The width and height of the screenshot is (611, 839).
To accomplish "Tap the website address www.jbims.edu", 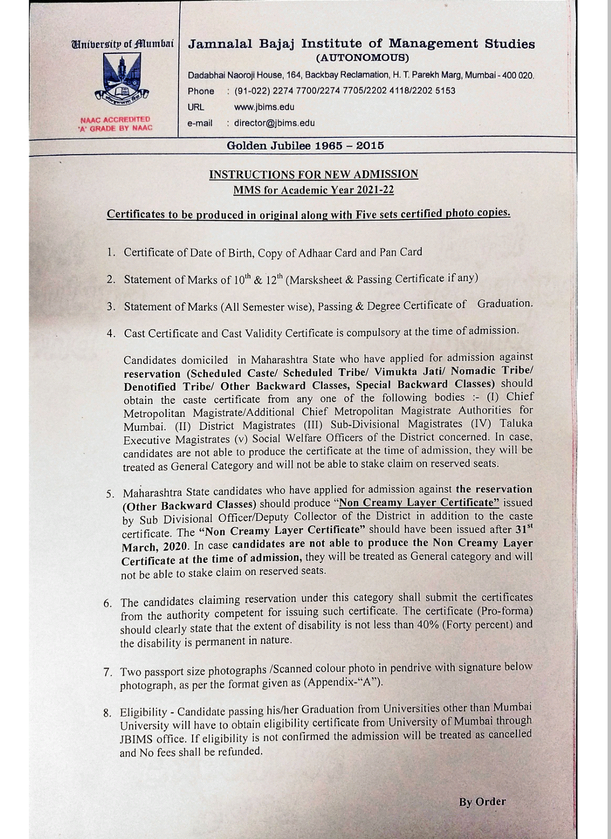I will [264, 107].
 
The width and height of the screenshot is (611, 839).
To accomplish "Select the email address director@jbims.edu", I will [274, 123].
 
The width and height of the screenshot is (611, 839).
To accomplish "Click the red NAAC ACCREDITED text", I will [115, 120].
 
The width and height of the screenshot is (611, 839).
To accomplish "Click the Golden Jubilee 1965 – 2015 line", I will [305, 145].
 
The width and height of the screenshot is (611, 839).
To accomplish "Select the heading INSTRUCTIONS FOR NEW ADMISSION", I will [313, 175].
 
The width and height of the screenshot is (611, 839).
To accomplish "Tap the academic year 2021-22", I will [376, 190].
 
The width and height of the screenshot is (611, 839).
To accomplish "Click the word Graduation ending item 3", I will [505, 303].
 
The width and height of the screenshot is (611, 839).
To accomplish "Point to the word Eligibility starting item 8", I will [143, 712].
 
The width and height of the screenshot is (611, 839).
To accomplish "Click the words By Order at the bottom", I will [482, 802].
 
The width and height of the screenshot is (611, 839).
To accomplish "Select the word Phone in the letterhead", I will [201, 91].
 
